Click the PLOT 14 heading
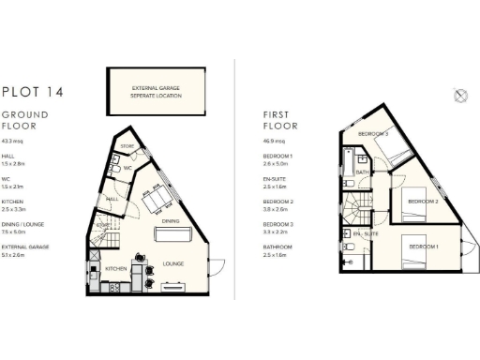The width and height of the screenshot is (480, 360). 34,92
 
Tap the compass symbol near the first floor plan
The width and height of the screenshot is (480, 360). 459,95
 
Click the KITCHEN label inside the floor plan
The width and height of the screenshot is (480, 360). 116,269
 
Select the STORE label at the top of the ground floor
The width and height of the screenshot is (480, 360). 127,146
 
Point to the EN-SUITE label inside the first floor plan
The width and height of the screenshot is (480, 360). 368,232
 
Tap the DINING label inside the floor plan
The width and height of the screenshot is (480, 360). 170,221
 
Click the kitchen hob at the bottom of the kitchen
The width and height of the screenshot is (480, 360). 115,287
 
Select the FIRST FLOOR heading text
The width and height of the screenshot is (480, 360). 281,119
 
